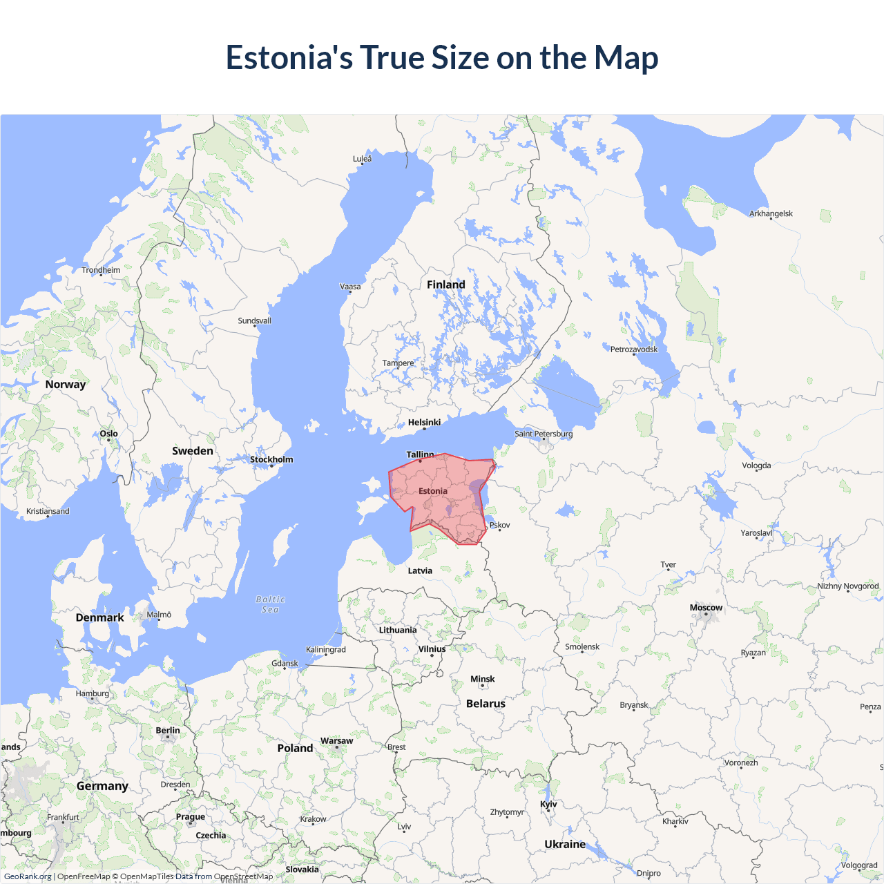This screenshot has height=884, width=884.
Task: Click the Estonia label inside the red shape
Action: click(433, 491)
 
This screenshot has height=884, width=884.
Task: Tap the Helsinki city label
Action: click(424, 422)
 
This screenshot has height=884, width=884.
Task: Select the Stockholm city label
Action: click(271, 459)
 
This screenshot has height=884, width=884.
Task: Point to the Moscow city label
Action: click(706, 608)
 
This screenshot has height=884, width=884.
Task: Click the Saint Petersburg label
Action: click(544, 434)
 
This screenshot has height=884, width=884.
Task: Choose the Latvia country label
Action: click(420, 570)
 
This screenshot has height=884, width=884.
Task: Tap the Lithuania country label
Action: click(398, 630)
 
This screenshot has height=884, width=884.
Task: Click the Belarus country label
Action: click(486, 704)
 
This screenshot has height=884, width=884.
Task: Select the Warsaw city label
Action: click(336, 740)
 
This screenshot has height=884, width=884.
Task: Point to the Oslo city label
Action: click(108, 434)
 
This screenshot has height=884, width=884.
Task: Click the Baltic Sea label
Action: click(270, 604)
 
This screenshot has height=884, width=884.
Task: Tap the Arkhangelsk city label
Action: click(771, 213)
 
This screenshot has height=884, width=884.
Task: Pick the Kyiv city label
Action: click(548, 804)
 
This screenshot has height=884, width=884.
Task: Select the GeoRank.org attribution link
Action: click(28, 876)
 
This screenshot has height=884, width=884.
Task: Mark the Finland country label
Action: click(445, 285)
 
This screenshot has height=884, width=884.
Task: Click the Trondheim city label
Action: click(101, 270)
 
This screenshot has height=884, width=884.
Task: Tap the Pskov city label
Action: click(500, 525)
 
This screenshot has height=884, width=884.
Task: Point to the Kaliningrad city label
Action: click(326, 649)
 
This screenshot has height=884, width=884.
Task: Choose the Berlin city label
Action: click(168, 730)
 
